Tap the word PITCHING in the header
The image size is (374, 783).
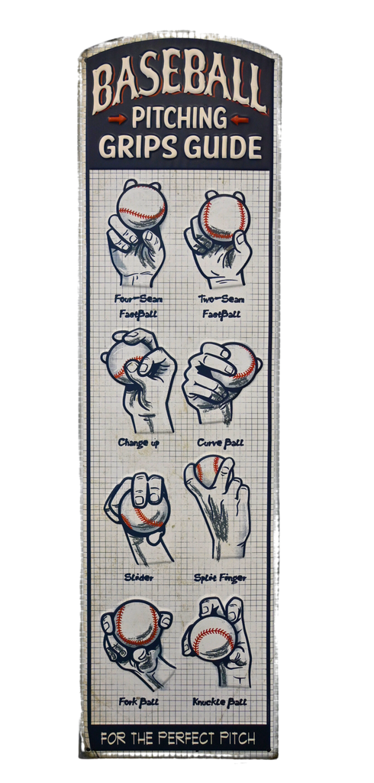(179, 119)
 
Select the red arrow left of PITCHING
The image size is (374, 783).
(118, 119)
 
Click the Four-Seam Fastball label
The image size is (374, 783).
(137, 307)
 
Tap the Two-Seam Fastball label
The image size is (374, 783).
(221, 307)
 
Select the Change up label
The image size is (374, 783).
(139, 443)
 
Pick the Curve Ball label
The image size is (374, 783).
(221, 443)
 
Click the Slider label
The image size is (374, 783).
(139, 578)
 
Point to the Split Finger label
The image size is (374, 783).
(220, 578)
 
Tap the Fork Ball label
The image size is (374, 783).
(139, 702)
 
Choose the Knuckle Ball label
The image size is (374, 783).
(219, 702)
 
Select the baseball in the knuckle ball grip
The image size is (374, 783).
(213, 642)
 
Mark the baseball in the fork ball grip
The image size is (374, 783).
(137, 622)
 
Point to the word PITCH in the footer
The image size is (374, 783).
(242, 738)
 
